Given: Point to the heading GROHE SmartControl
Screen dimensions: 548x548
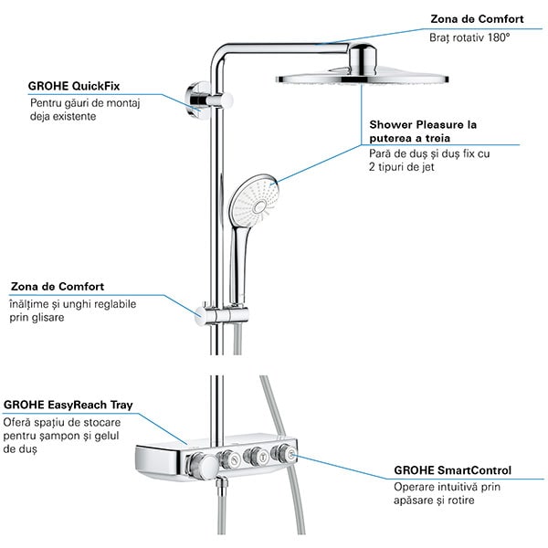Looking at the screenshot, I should (x=452, y=470).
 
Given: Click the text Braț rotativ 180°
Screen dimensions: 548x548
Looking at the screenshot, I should (x=469, y=38).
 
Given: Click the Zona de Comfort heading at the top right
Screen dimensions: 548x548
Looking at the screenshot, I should (x=476, y=17).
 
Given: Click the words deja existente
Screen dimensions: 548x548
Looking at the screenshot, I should (x=65, y=117).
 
